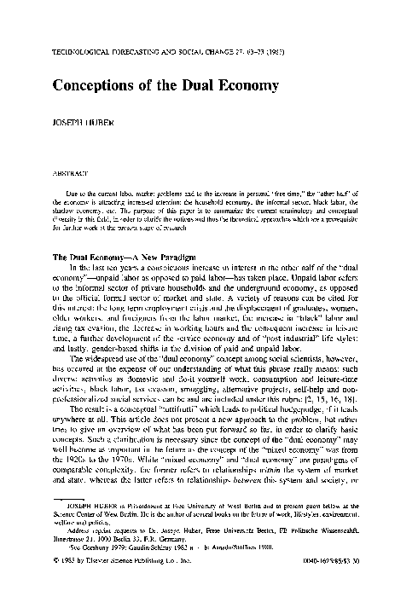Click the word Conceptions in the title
(86, 86)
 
